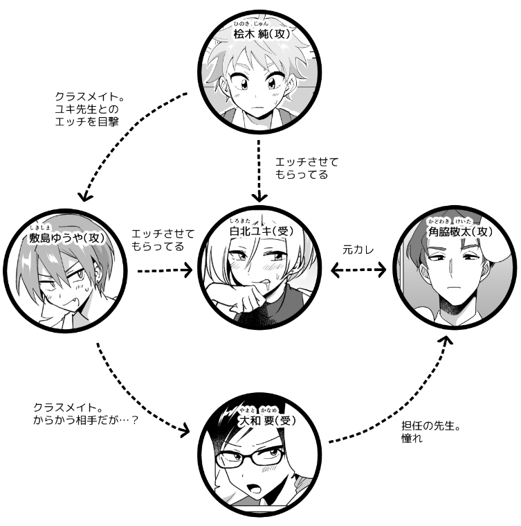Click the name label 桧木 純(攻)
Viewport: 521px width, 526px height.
[262, 34]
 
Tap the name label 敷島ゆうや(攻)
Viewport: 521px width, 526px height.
[67, 238]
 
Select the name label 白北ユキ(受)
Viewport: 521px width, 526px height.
[262, 231]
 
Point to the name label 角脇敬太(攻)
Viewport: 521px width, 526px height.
[460, 231]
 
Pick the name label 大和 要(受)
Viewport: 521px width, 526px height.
[267, 421]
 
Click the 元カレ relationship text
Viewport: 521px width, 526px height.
[358, 250]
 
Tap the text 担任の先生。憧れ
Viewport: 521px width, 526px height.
[431, 432]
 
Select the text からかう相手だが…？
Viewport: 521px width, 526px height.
[86, 420]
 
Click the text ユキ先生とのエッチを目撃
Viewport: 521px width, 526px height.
[86, 115]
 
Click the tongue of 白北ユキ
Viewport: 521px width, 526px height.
[266, 283]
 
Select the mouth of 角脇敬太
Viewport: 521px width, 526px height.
[453, 287]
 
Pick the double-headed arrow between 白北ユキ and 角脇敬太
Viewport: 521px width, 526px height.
[358, 270]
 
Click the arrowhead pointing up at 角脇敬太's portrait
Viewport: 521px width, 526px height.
[446, 340]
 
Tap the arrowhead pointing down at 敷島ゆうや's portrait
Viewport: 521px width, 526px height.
[84, 196]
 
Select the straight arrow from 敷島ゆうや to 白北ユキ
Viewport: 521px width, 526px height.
[165, 270]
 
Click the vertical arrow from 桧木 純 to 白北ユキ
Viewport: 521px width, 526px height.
[259, 170]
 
